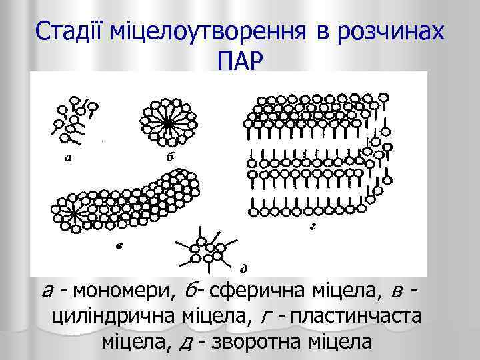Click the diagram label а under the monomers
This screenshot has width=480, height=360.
[69, 158]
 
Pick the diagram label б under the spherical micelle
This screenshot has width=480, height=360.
[170, 157]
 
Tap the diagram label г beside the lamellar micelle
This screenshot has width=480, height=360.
[312, 227]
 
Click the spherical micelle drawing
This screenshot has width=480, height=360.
[167, 120]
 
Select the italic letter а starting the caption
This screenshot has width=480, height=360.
[47, 292]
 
